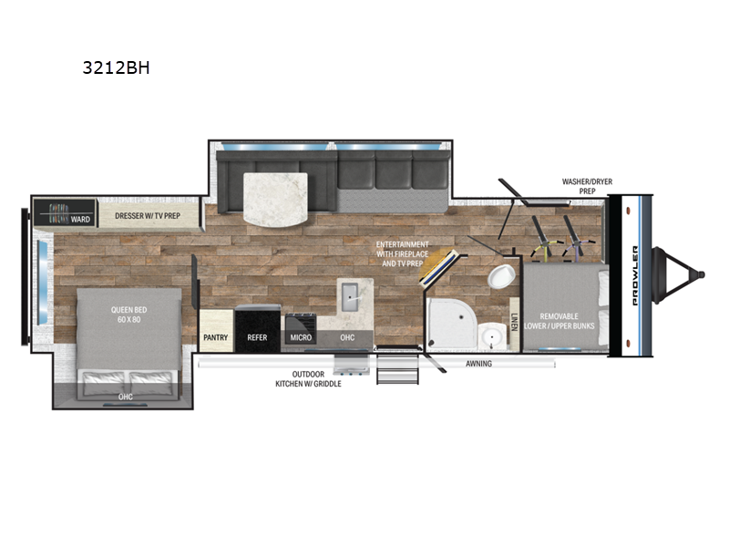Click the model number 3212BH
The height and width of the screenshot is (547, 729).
[x=117, y=67]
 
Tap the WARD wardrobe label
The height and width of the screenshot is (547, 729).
[x=80, y=219]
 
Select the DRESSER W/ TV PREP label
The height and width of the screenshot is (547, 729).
[x=148, y=216]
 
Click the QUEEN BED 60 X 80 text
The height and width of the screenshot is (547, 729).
[x=128, y=315]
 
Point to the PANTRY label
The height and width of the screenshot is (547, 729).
[x=216, y=337]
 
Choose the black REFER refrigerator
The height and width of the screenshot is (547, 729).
[x=258, y=328]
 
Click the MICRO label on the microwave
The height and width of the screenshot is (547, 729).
[x=301, y=337]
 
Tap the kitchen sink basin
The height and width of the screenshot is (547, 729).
[x=351, y=297]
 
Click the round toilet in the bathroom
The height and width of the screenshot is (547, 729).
[x=500, y=276]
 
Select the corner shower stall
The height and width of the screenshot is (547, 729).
[x=451, y=323]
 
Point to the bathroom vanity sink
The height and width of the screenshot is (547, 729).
[x=492, y=335]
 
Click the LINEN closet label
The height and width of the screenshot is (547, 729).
[x=514, y=322]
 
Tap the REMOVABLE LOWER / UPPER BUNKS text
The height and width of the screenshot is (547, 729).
[x=560, y=321]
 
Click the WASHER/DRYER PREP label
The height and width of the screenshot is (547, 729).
[x=587, y=186]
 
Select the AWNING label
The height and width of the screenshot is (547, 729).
[x=479, y=363]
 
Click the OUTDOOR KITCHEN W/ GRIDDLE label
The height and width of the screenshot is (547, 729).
[x=308, y=378]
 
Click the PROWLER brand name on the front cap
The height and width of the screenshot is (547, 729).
[x=635, y=275]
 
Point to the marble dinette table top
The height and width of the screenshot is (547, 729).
[x=275, y=200]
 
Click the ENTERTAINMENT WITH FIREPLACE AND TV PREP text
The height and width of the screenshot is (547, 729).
[x=403, y=253]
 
